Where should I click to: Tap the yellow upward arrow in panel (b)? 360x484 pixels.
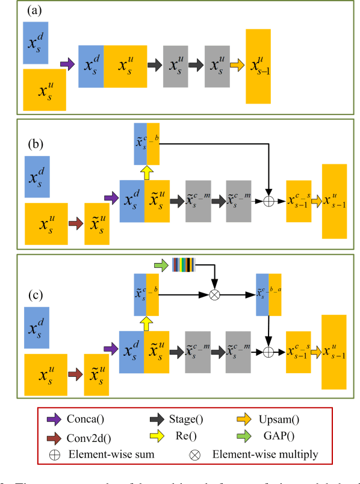145,172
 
